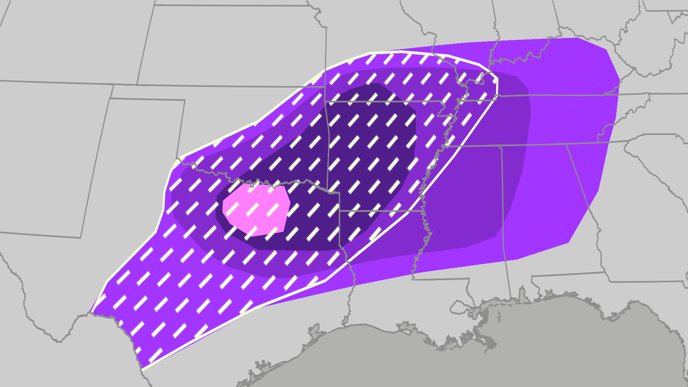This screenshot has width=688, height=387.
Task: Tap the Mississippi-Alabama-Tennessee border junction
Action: point(501,146)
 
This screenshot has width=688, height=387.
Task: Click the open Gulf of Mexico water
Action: point(466,365)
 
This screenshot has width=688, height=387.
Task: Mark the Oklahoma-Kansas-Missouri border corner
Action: point(325,87)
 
